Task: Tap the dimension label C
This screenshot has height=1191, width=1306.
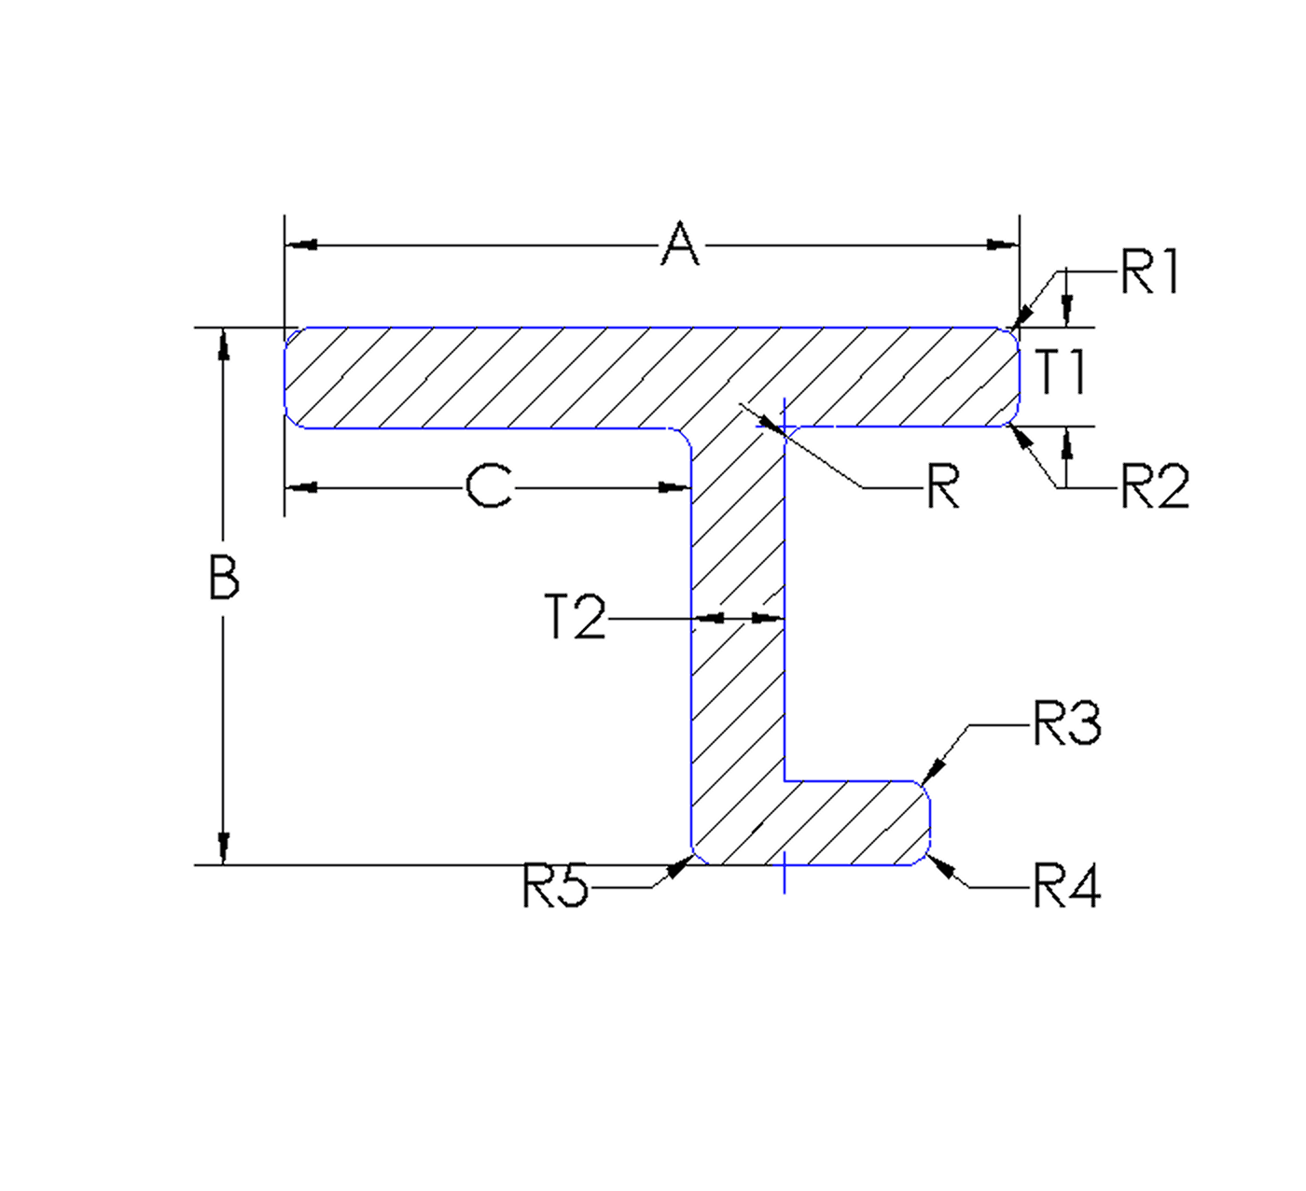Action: (489, 487)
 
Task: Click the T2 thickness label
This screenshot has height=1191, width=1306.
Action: (575, 618)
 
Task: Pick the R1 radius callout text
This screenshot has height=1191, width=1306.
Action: (1150, 273)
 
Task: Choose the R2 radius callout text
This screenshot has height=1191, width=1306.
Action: (1155, 487)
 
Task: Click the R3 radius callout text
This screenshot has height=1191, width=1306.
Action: (1067, 724)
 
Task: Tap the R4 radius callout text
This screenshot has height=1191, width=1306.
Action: (1067, 887)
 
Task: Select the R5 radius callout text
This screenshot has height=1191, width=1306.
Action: (556, 887)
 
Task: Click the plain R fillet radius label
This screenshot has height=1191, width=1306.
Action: (942, 487)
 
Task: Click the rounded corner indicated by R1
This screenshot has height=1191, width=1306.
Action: (1013, 332)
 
